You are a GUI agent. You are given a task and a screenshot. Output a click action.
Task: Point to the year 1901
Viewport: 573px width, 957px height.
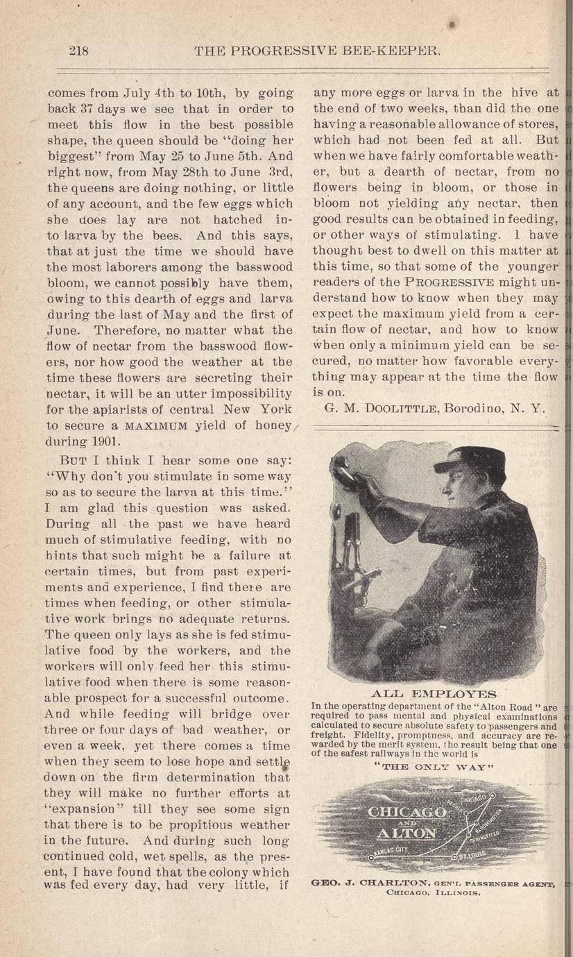106,441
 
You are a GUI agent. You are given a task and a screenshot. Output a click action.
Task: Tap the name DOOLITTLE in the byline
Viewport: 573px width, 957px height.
389,408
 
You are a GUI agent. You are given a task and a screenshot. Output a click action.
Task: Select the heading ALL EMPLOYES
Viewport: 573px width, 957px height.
434,694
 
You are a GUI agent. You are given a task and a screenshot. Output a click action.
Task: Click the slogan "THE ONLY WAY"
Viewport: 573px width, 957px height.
434,767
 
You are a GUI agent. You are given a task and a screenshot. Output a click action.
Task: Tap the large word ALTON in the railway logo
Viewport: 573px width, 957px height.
407,833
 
